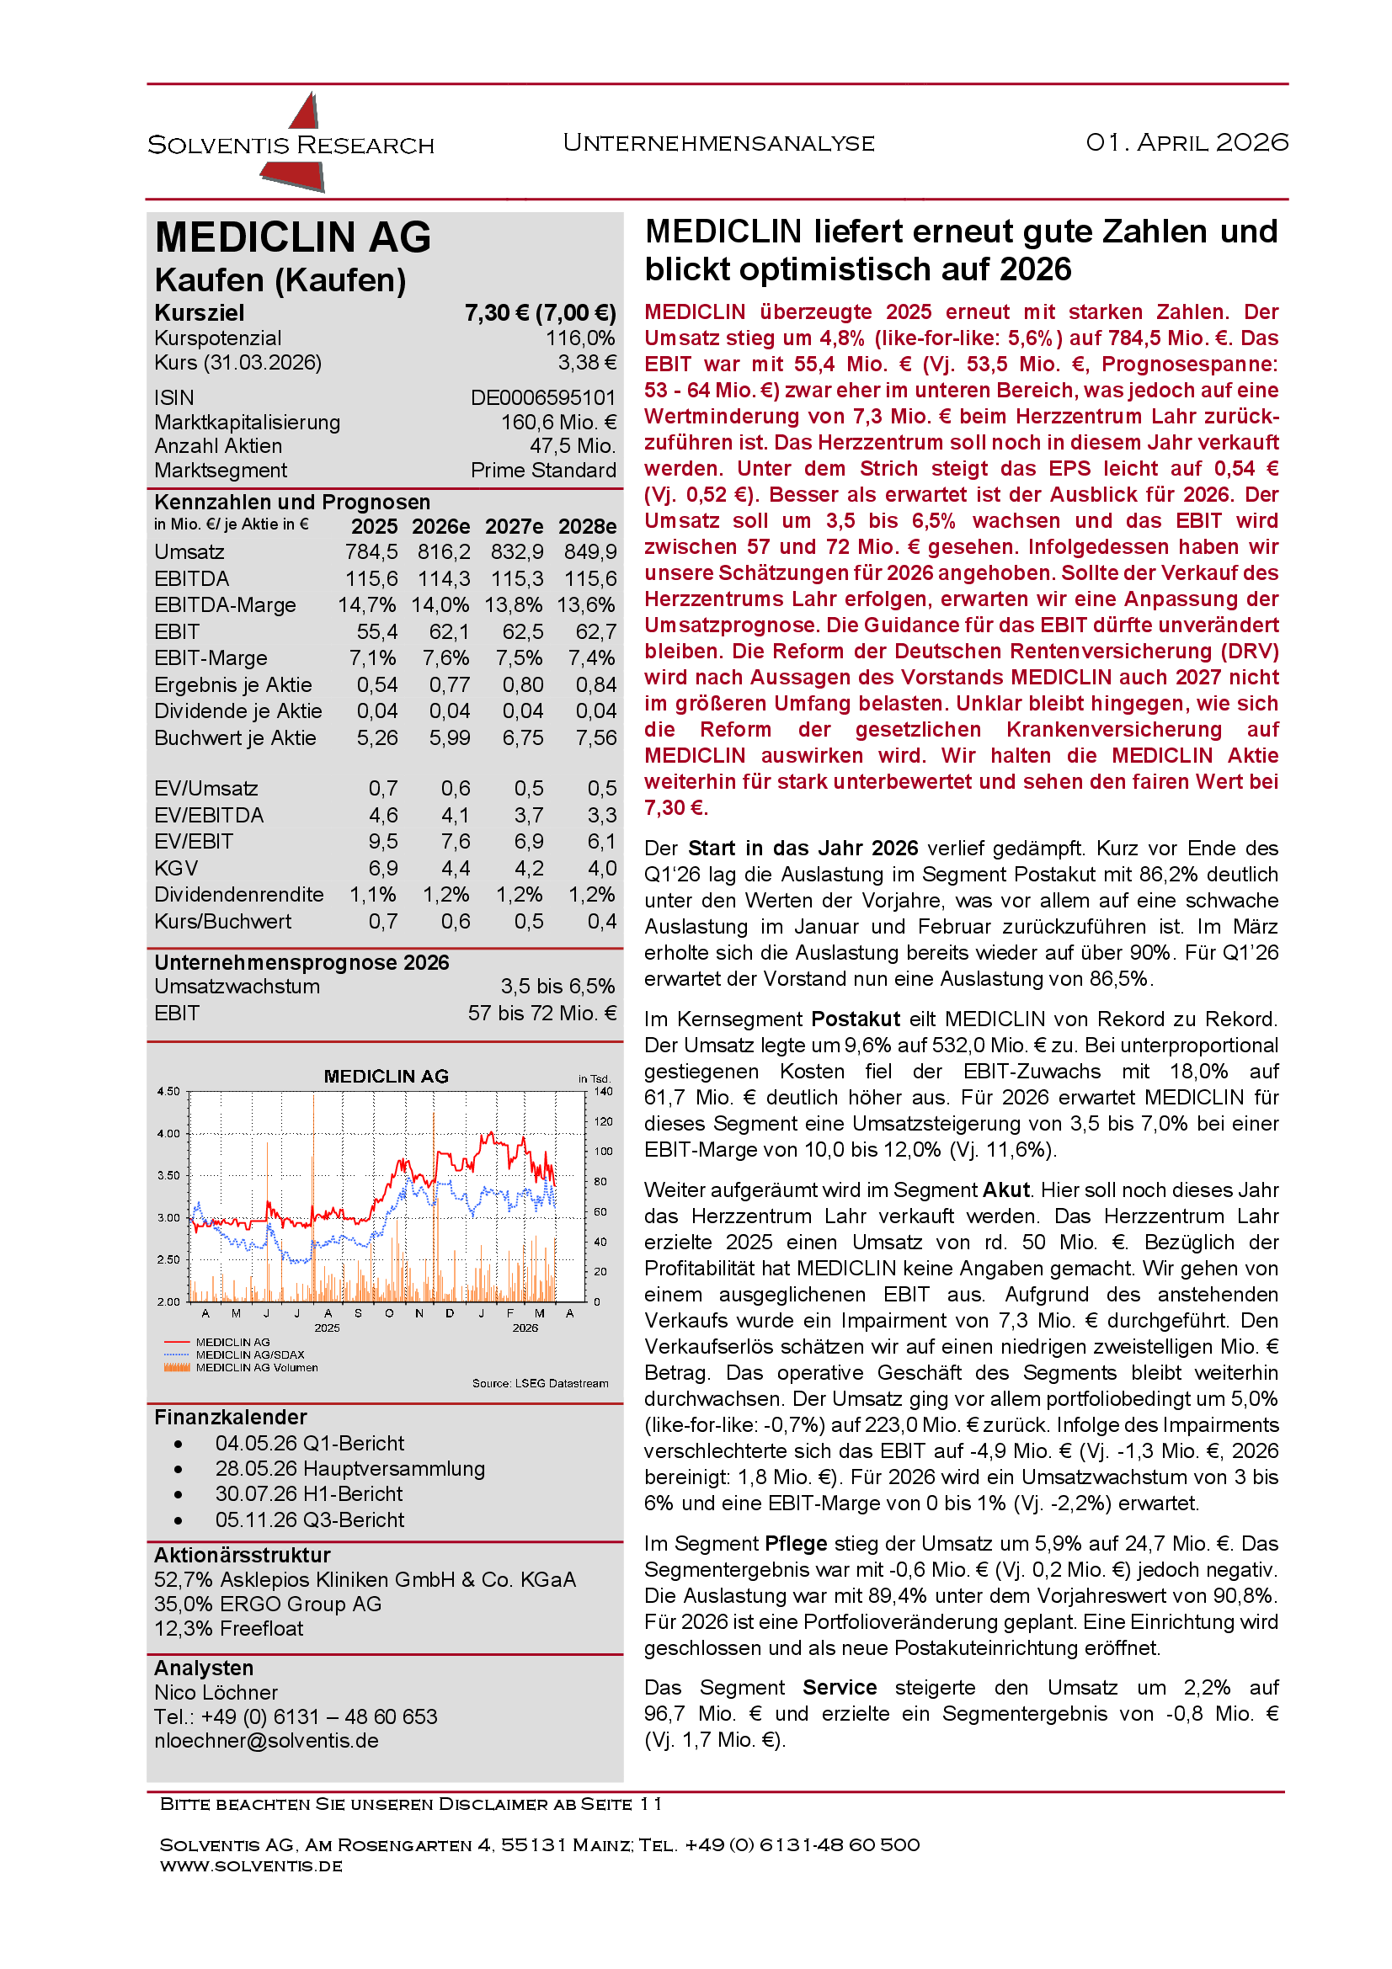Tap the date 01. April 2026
pos(1187,142)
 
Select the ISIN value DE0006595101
pos(543,398)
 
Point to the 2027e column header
pos(514,526)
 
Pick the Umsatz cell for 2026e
pos(444,552)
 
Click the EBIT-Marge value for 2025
pos(372,658)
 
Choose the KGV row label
pos(176,869)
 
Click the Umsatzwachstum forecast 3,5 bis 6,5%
pos(557,987)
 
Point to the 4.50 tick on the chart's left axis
pos(168,1092)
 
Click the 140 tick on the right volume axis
pos(603,1092)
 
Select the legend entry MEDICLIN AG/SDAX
pos(249,1355)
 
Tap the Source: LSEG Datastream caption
pos(540,1383)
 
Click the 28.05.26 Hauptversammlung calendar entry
pos(350,1469)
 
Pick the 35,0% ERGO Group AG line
pos(268,1604)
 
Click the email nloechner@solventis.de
pos(266,1741)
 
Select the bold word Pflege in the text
pos(795,1544)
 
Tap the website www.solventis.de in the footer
pos(250,1866)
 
